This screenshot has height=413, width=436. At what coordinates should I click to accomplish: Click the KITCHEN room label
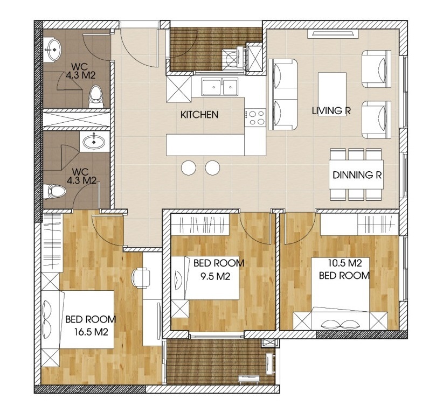pos(199,115)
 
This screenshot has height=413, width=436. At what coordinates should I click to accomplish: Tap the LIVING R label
pos(331,110)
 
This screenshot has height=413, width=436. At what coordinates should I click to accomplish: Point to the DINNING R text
pos(357,175)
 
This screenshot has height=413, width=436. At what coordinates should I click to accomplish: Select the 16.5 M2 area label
pos(91,332)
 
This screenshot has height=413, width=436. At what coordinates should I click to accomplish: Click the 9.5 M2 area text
pos(216,276)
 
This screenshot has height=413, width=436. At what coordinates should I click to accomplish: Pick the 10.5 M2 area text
pos(345,263)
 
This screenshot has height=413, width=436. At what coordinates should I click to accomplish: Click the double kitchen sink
pos(220,87)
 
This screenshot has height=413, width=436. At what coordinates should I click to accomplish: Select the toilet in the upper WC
pos(95,96)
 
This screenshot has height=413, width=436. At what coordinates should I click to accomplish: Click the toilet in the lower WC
pos(54,191)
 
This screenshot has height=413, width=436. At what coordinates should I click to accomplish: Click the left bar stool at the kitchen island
pos(189,167)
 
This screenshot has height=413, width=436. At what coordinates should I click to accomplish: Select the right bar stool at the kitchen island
pos(213,167)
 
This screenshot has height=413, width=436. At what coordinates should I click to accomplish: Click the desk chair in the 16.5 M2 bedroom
pos(142,278)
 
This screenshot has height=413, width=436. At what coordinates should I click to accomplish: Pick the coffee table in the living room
pos(332,94)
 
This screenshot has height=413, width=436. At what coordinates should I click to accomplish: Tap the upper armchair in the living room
pos(377,68)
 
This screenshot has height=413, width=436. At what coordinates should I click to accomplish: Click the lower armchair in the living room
pos(377,120)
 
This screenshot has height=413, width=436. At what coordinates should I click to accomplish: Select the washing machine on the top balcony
pos(233,58)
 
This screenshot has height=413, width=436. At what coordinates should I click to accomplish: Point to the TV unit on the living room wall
pos(333,34)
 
